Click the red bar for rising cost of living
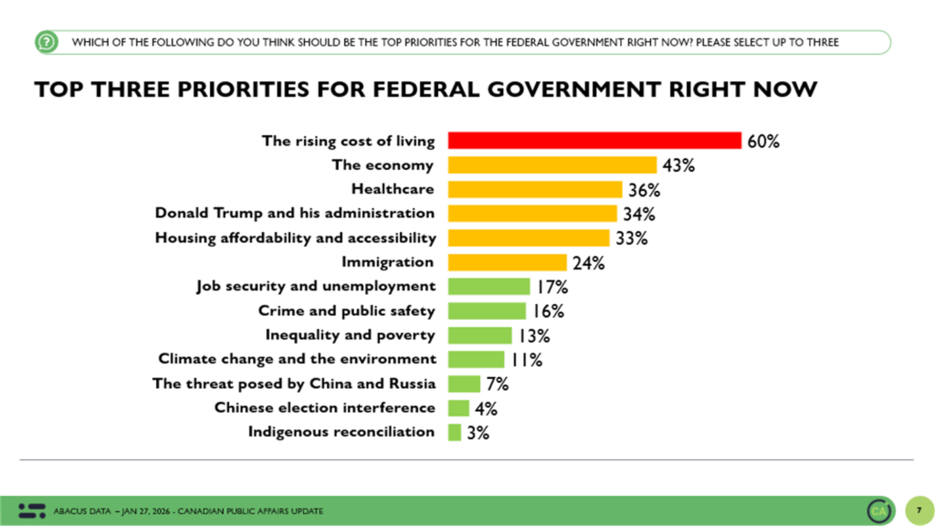click(594, 141)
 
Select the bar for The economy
click(552, 165)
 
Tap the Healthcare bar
click(536, 190)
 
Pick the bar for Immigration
click(508, 262)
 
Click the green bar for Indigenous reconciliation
click(455, 432)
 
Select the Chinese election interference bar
click(458, 407)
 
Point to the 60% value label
click(763, 142)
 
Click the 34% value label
click(639, 215)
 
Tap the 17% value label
click(552, 287)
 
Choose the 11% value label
click(526, 359)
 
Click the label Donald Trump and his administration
click(295, 214)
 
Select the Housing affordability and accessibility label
click(295, 237)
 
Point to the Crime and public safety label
click(347, 310)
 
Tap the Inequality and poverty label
click(351, 334)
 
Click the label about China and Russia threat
click(294, 383)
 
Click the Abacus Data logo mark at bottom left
click(31, 510)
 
